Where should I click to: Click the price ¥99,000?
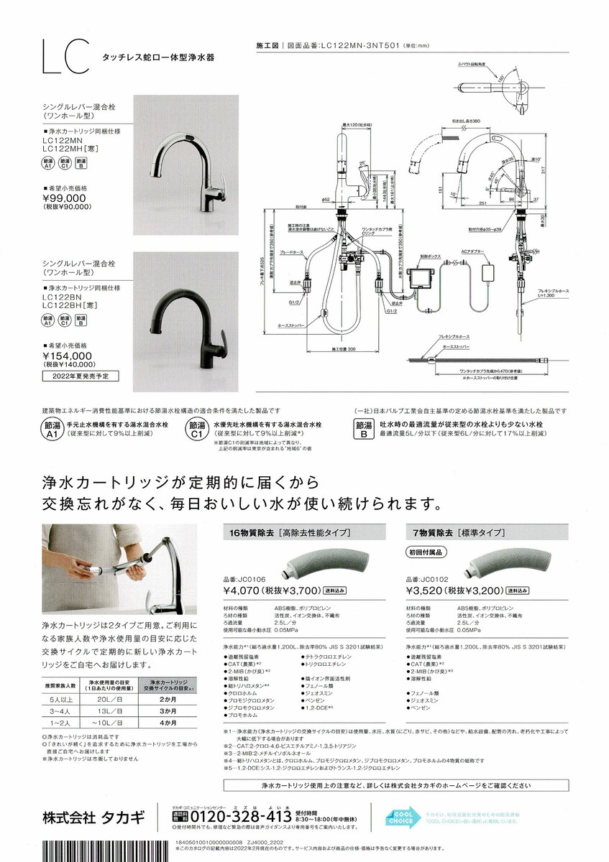click(x=64, y=198)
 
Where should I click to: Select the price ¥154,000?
click(x=68, y=355)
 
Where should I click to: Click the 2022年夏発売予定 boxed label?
click(x=80, y=376)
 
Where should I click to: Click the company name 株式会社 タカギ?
click(x=93, y=817)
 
